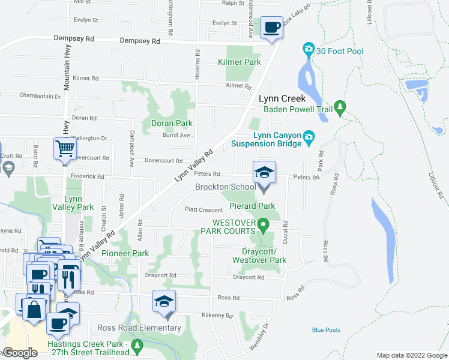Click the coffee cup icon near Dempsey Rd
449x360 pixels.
[272, 28]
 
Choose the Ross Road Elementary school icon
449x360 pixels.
[164, 304]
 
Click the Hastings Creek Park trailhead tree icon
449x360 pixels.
[137, 346]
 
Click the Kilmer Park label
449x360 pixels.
[240, 62]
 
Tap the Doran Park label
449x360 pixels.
[172, 123]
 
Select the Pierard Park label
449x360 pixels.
[252, 206]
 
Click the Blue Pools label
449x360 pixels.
[326, 330]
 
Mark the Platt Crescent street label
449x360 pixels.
[203, 210]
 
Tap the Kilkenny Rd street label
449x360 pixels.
[217, 314]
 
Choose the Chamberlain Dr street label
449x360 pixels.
[40, 95]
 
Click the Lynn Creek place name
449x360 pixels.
[282, 98]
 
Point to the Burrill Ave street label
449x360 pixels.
[176, 136]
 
